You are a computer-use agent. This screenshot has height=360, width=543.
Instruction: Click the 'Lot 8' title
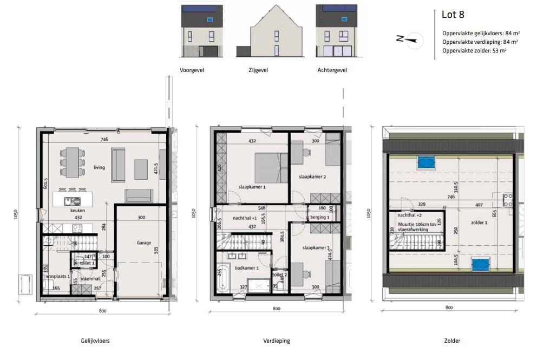point(453,15)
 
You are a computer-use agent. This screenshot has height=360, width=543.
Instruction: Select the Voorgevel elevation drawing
point(201,31)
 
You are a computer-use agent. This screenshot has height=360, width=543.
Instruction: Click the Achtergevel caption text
point(332,70)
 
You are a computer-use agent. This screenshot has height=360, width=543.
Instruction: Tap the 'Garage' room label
point(143,243)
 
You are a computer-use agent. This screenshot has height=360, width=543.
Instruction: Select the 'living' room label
point(98,168)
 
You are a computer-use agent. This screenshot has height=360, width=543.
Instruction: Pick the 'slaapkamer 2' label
point(312,177)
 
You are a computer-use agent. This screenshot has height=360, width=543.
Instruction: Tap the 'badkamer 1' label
point(246,268)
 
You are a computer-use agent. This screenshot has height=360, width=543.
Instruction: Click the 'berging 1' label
point(320,217)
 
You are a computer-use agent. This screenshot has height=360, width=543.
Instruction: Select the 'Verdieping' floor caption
point(276,341)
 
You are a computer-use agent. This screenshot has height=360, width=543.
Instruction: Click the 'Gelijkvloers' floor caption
point(95,341)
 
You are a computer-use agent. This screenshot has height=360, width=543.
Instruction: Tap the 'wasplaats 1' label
point(57,276)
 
